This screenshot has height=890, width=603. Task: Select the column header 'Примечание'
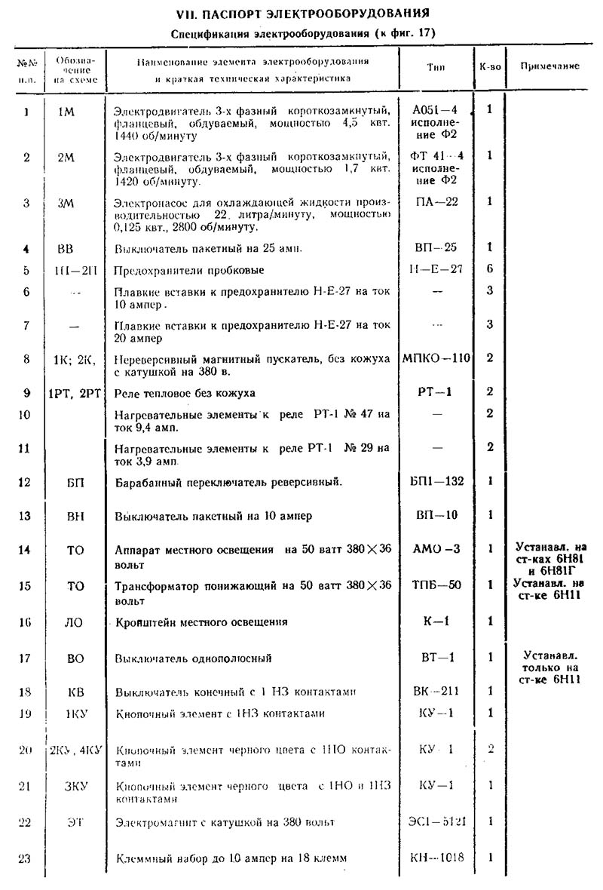[549, 66]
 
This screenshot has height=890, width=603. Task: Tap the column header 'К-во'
[490, 66]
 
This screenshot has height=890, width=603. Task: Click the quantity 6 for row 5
[490, 269]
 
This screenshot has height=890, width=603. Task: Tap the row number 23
[24, 858]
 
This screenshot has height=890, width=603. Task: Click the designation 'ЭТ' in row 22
[74, 821]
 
